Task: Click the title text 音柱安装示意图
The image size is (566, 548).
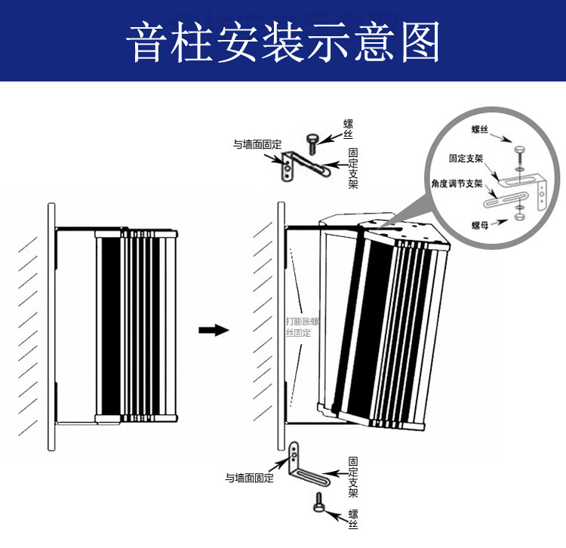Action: [283, 42]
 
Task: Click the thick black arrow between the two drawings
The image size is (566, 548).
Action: [214, 330]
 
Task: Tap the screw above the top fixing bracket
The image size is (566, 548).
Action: [312, 143]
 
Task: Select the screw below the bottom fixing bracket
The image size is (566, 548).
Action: [318, 502]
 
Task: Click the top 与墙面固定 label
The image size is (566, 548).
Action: [257, 144]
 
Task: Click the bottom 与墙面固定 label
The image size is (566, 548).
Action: [250, 478]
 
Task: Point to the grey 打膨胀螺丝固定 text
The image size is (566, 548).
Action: [303, 327]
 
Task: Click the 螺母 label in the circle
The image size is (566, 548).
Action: [480, 225]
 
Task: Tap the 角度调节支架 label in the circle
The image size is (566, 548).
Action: [457, 183]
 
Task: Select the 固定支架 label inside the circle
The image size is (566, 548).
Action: [466, 159]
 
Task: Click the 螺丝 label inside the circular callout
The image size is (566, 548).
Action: [480, 129]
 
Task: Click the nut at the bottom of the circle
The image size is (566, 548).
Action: [519, 217]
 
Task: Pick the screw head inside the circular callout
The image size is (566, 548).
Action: [519, 149]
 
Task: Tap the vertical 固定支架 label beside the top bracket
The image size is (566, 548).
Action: [353, 168]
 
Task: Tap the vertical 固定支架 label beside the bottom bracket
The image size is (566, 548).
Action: [353, 477]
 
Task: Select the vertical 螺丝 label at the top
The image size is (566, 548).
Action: [348, 129]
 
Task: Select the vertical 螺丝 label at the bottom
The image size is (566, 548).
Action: [353, 519]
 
